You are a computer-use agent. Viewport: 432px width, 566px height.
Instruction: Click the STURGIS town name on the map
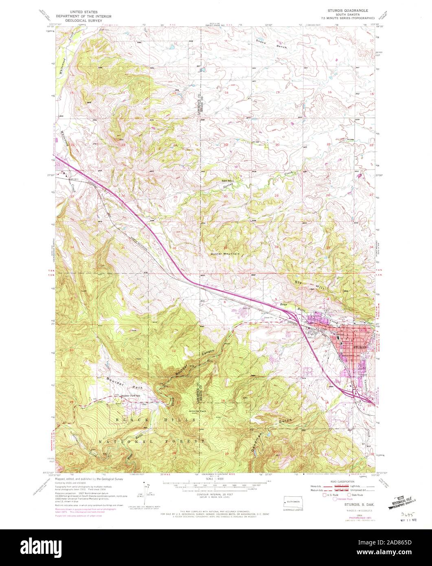tap(360, 347)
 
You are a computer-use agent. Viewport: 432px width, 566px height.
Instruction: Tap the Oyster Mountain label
tap(225, 254)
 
